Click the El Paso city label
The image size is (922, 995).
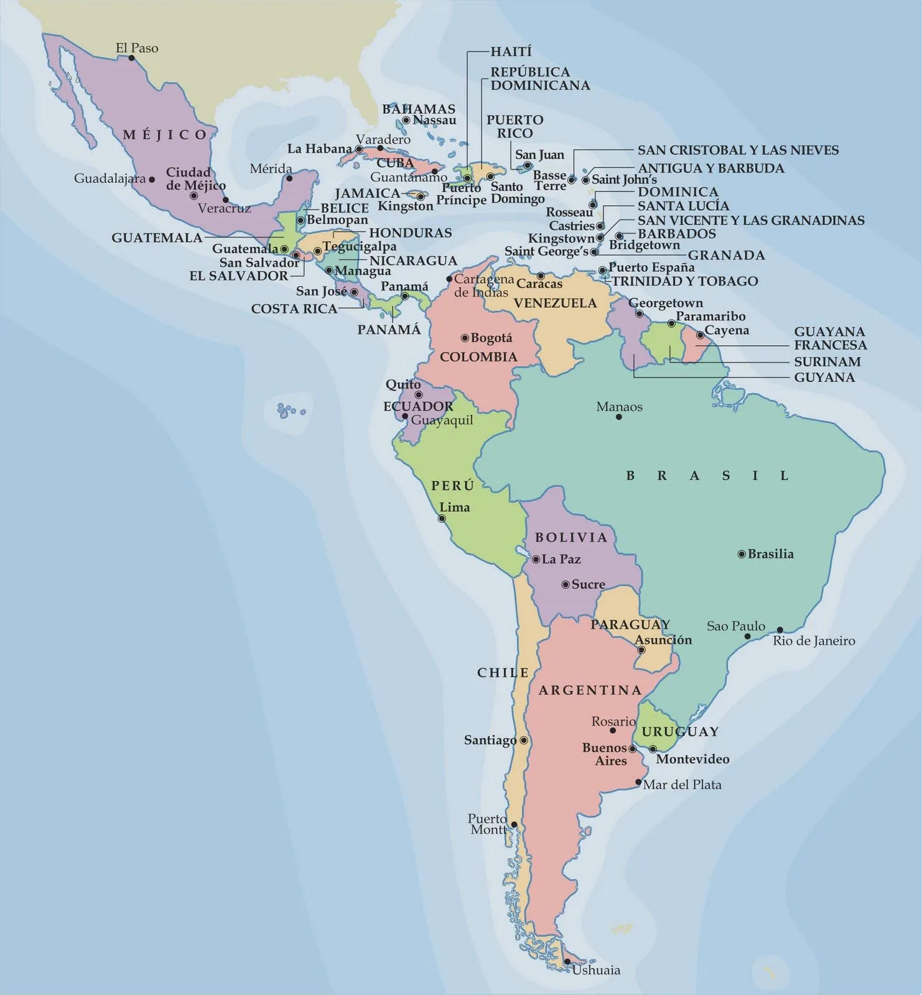pyautogui.click(x=137, y=48)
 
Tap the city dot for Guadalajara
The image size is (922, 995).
pyautogui.click(x=152, y=179)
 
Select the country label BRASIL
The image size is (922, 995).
pyautogui.click(x=707, y=476)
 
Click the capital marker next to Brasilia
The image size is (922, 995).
pyautogui.click(x=742, y=554)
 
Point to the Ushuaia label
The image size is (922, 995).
pyautogui.click(x=596, y=970)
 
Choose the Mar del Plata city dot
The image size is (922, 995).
pyautogui.click(x=638, y=782)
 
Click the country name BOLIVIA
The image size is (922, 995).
pyautogui.click(x=570, y=537)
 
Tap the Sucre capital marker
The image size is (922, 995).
pyautogui.click(x=566, y=585)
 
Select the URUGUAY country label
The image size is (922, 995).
pyautogui.click(x=680, y=732)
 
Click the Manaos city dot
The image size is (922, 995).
pyautogui.click(x=618, y=417)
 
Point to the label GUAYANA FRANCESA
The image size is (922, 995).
pyautogui.click(x=830, y=338)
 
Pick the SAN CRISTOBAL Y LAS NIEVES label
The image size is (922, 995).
pyautogui.click(x=738, y=150)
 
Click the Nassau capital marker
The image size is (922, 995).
pyautogui.click(x=406, y=121)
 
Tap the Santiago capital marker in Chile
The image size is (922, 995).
pyautogui.click(x=524, y=741)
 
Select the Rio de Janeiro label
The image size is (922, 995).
pyautogui.click(x=814, y=641)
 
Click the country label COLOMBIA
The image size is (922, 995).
pyautogui.click(x=478, y=357)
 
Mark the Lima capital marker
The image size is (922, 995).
pyautogui.click(x=442, y=519)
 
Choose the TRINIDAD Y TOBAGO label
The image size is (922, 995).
pyautogui.click(x=684, y=281)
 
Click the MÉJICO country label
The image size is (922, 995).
pyautogui.click(x=165, y=135)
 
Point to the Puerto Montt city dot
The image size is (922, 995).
pyautogui.click(x=514, y=825)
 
